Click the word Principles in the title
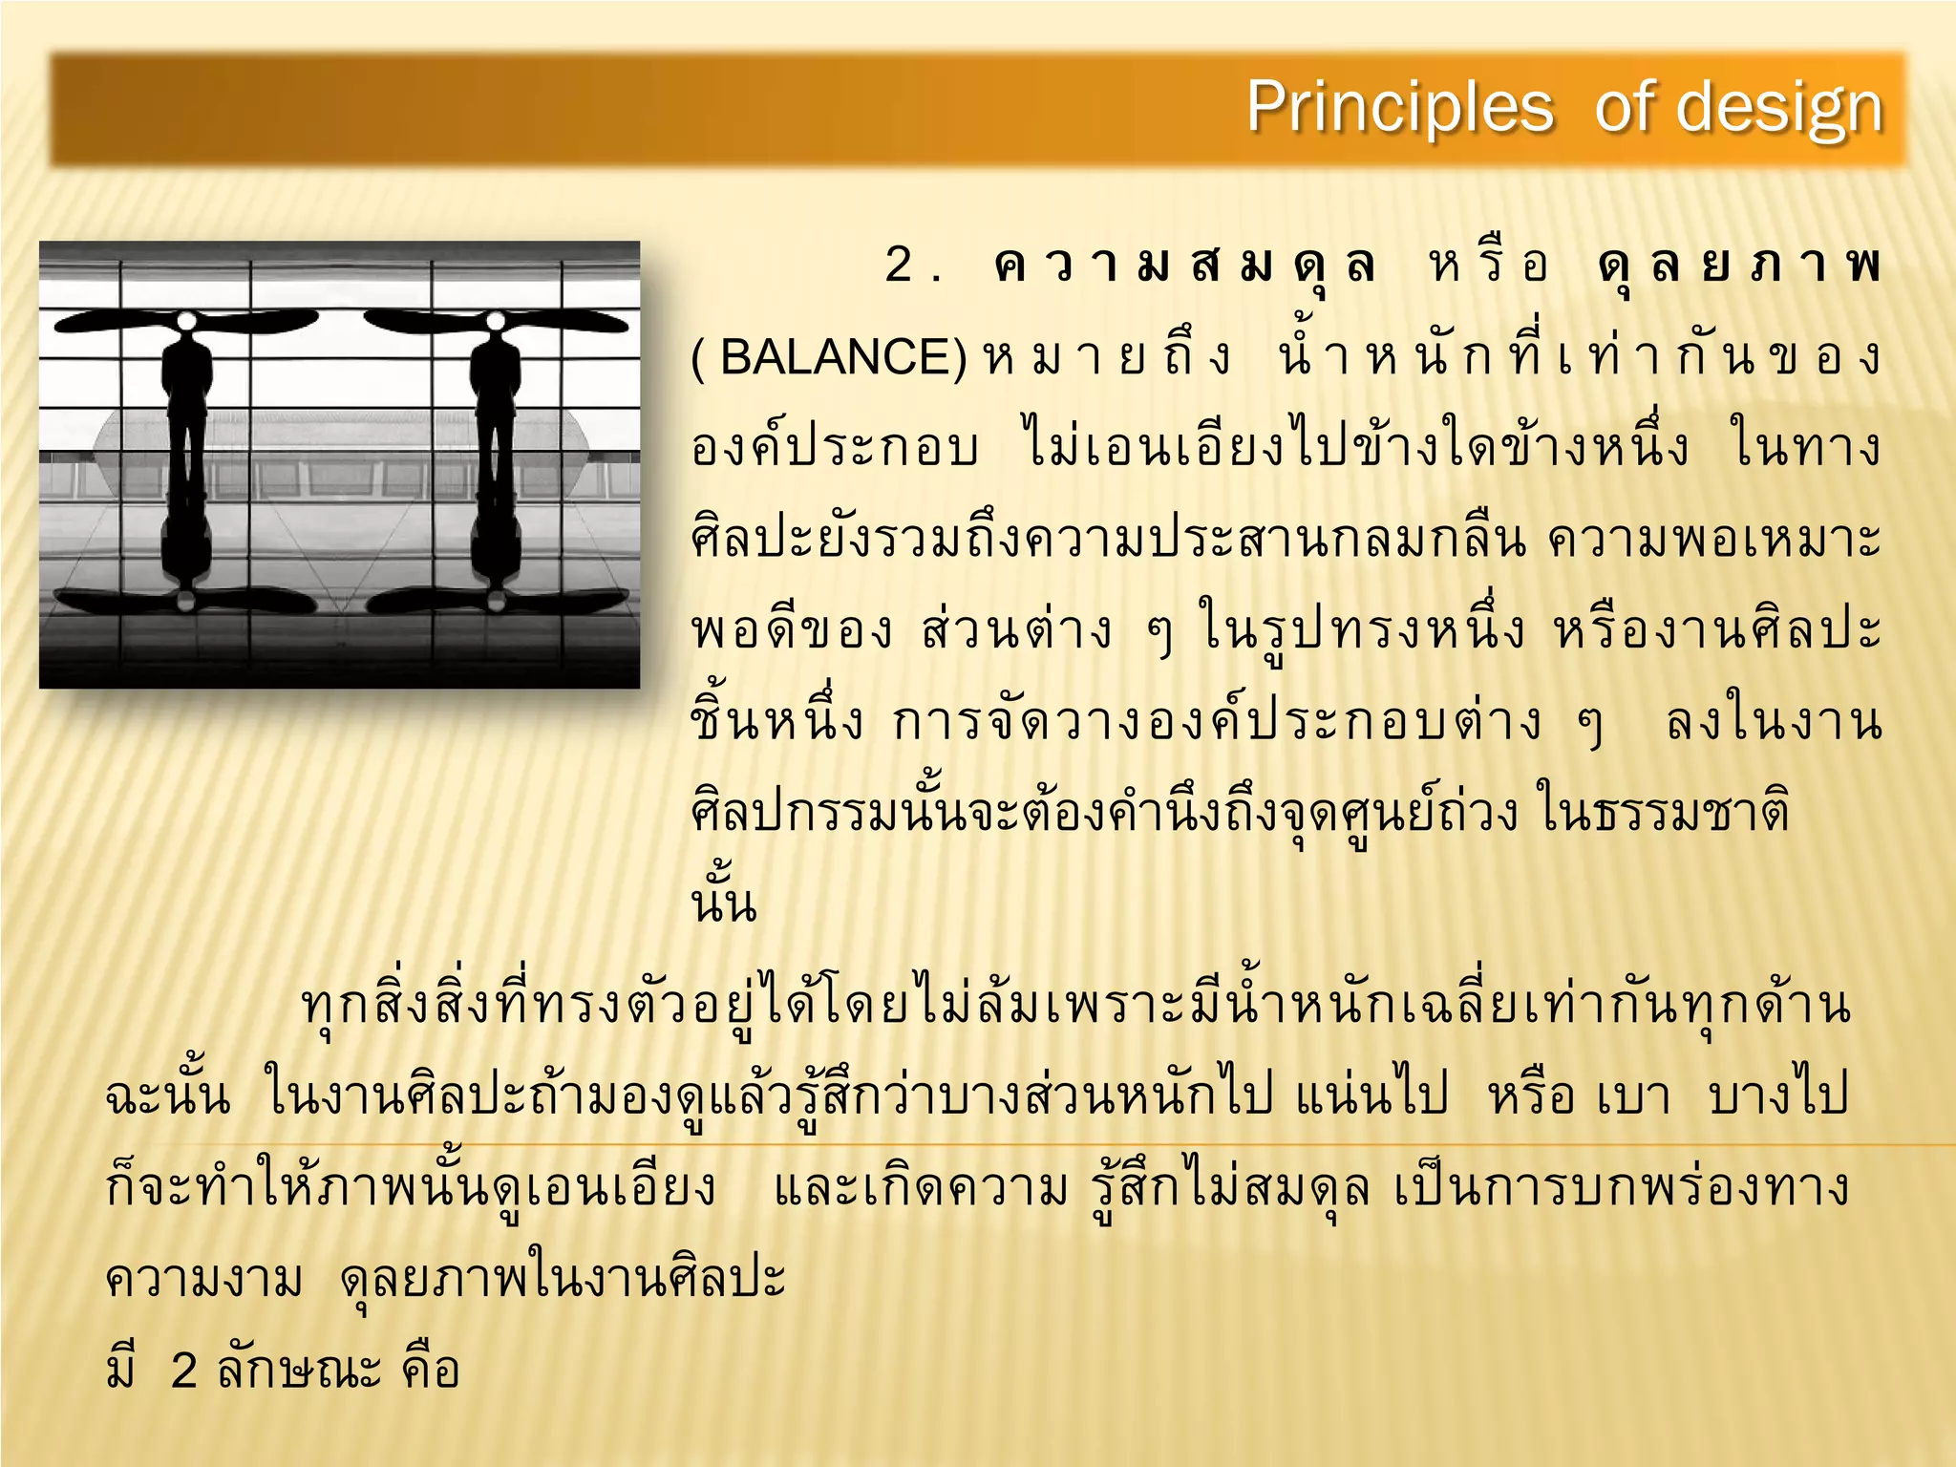[x=1399, y=107]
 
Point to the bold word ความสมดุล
[x=1184, y=266]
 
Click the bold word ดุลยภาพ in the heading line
[x=1738, y=266]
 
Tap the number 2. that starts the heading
[x=912, y=266]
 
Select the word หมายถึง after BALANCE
[x=1108, y=358]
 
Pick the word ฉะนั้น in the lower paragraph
[x=168, y=1095]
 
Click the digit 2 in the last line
[x=183, y=1371]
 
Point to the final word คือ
[x=431, y=1371]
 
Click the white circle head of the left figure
[x=187, y=320]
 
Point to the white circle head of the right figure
[x=495, y=320]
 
